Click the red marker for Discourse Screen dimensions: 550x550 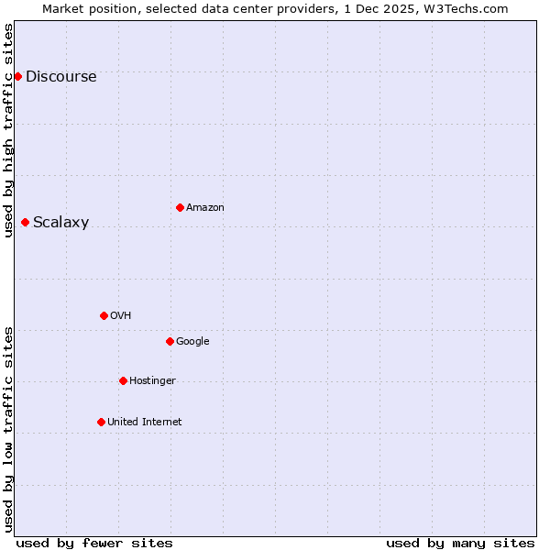[x=17, y=76]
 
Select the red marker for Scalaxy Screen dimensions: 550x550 [x=25, y=222]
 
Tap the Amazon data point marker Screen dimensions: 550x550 [x=180, y=207]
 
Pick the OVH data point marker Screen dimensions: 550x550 [x=104, y=315]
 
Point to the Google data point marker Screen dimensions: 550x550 [x=170, y=341]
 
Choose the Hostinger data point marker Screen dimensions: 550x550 [x=123, y=380]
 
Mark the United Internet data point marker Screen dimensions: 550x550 [x=101, y=422]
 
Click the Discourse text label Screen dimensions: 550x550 [x=60, y=77]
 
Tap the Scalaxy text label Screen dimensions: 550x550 [x=60, y=223]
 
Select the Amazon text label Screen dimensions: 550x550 [x=205, y=208]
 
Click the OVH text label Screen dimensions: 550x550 [x=120, y=316]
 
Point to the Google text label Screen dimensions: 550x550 [x=192, y=342]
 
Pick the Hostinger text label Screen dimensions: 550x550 [x=152, y=381]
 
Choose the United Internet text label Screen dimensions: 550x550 [x=144, y=423]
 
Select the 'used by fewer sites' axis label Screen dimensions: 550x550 [x=94, y=543]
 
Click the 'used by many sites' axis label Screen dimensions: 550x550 [x=460, y=543]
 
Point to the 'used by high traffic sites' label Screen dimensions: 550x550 [x=8, y=130]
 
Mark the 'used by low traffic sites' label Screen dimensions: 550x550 [x=8, y=429]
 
